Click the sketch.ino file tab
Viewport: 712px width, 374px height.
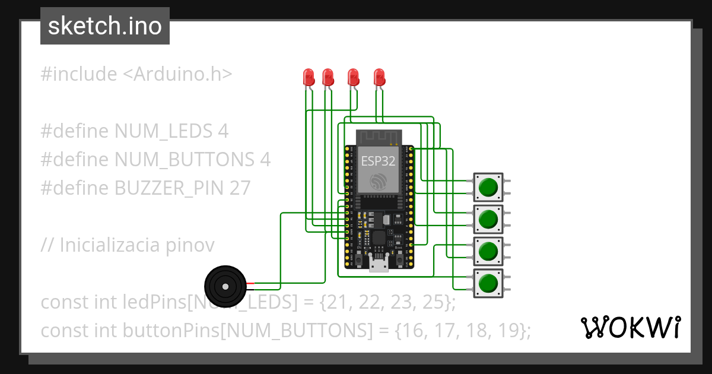pyautogui.click(x=104, y=26)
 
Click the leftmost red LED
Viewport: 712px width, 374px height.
pyautogui.click(x=309, y=77)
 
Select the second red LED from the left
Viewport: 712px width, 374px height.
pyautogui.click(x=328, y=77)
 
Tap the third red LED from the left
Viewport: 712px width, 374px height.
pyautogui.click(x=353, y=77)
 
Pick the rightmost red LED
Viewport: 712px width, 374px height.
pyautogui.click(x=379, y=77)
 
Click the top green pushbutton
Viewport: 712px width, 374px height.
pyautogui.click(x=488, y=188)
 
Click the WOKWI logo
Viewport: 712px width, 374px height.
pyautogui.click(x=630, y=327)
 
